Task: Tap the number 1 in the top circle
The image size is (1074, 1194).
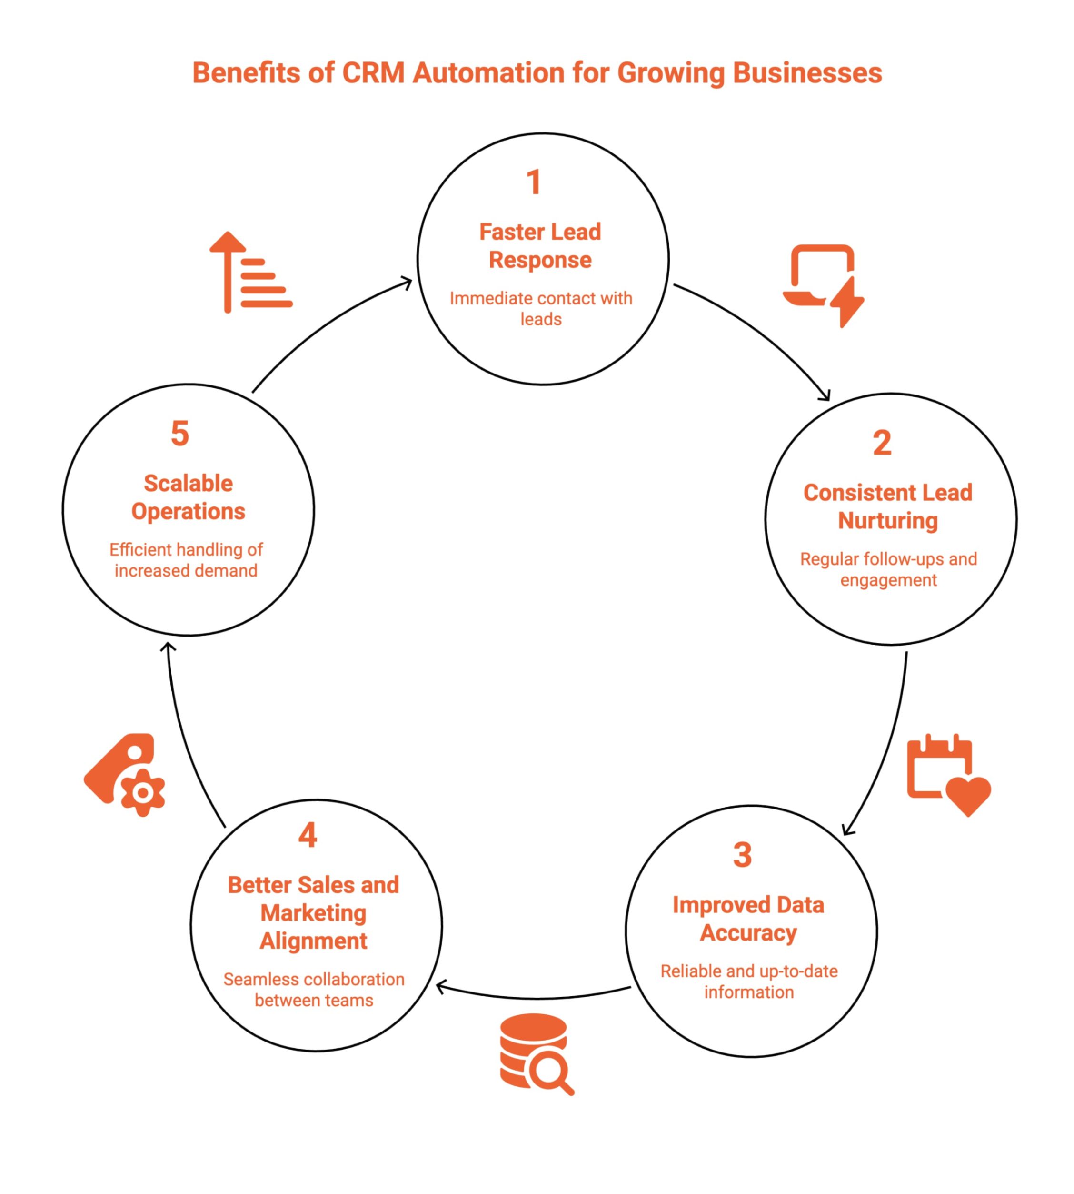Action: tap(534, 182)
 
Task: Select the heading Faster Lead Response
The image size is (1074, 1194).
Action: tap(540, 246)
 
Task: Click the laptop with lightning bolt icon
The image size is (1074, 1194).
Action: tap(823, 285)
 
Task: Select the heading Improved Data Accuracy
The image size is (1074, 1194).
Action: tap(748, 919)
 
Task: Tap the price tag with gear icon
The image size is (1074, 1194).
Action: tap(126, 775)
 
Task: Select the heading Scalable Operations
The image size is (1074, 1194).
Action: tap(188, 497)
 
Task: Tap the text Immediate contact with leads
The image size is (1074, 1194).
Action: tap(540, 308)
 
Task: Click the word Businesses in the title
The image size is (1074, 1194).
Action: tap(807, 73)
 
